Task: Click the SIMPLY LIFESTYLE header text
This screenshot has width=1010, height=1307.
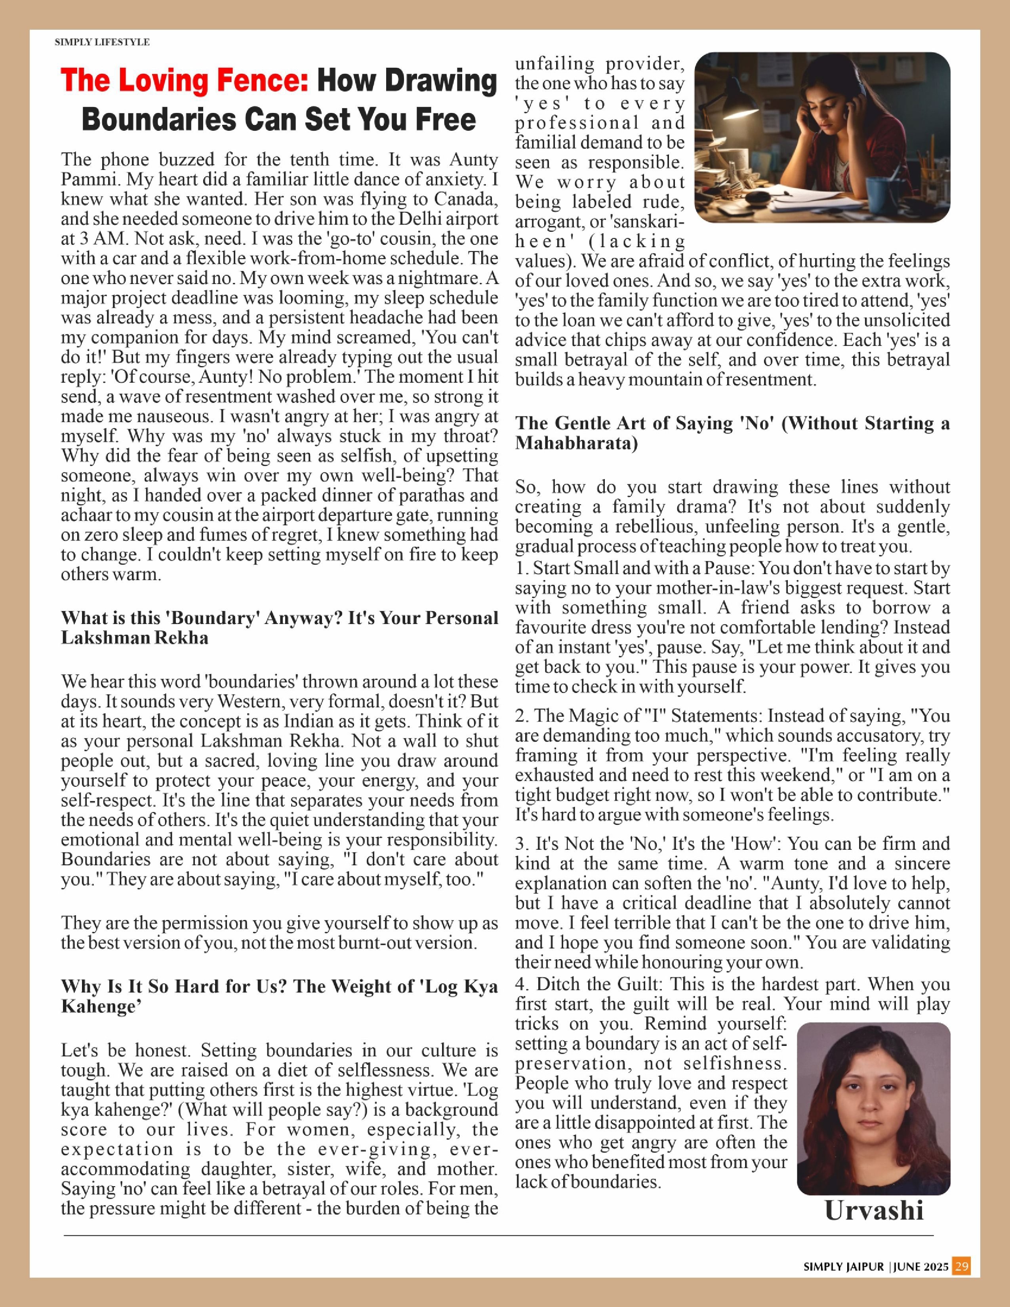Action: (x=102, y=42)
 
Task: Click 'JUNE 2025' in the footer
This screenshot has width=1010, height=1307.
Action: (x=921, y=1267)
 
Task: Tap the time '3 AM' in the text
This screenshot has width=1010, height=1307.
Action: (x=102, y=238)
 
